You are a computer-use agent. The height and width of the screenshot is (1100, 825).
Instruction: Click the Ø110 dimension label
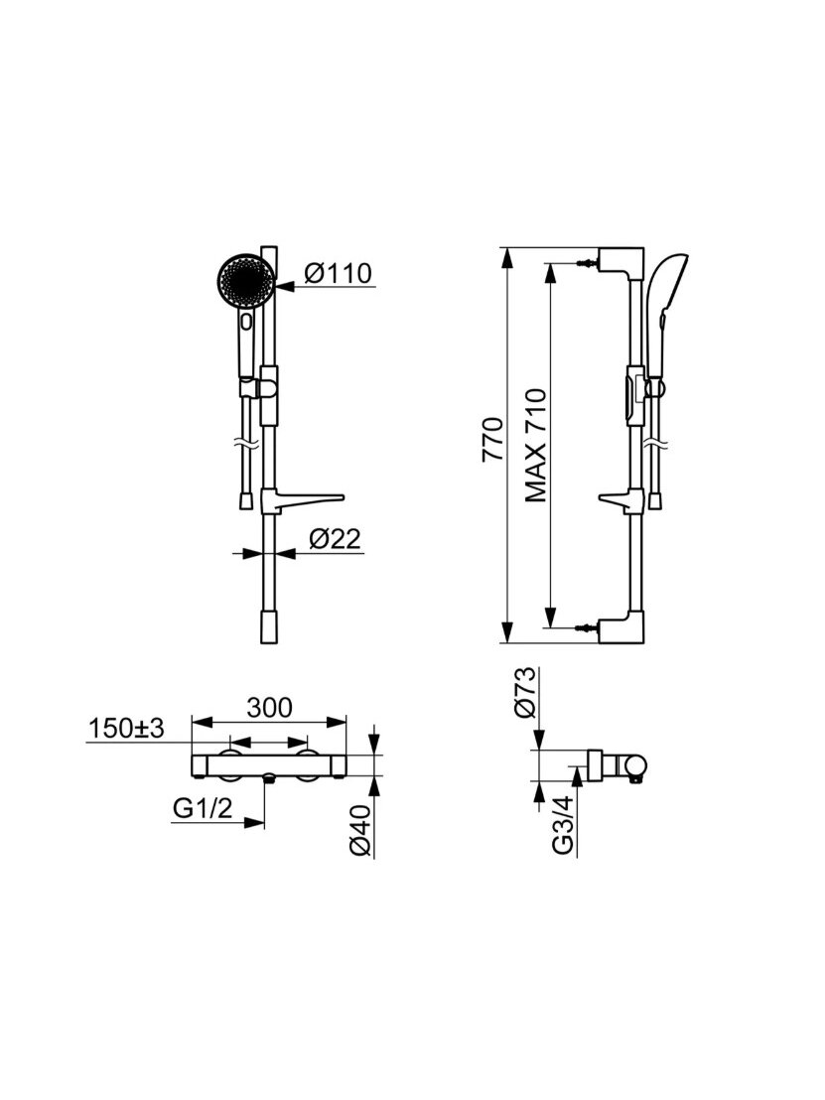click(339, 273)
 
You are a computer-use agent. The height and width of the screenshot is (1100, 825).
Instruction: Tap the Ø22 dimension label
click(335, 539)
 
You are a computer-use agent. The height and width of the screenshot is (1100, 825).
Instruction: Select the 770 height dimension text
click(493, 439)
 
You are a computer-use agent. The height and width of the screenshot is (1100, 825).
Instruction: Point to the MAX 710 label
click(536, 446)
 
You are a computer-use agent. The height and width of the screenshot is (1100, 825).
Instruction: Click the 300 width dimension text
click(269, 708)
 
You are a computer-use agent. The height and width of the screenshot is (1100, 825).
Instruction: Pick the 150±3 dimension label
click(126, 729)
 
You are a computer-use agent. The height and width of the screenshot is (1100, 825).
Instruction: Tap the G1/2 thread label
click(203, 809)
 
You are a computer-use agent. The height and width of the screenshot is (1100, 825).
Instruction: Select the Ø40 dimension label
click(360, 832)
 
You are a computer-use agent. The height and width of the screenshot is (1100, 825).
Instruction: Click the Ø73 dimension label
click(525, 692)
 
